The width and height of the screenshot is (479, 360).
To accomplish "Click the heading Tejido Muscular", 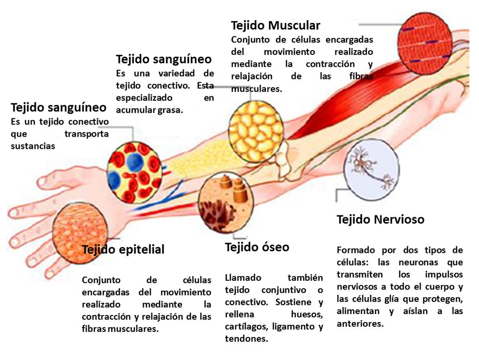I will [276, 25].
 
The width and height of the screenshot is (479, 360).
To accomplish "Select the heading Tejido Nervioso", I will [380, 219].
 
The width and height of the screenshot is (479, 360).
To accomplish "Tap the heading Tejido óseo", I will [257, 247].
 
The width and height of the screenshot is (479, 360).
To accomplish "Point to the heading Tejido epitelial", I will [123, 250].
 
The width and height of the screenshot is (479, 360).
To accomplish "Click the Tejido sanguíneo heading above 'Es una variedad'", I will [164, 59].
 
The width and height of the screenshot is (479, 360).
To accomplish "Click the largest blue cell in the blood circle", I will [135, 162].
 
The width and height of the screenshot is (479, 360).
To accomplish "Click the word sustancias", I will [33, 146].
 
